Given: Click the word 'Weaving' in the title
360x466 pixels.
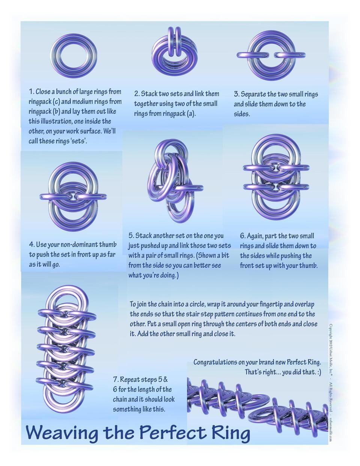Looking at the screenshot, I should pyautogui.click(x=62, y=433).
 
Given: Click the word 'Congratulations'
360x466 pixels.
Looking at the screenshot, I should pyautogui.click(x=215, y=362).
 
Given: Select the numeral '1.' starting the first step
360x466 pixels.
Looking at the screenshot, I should pyautogui.click(x=31, y=92).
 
